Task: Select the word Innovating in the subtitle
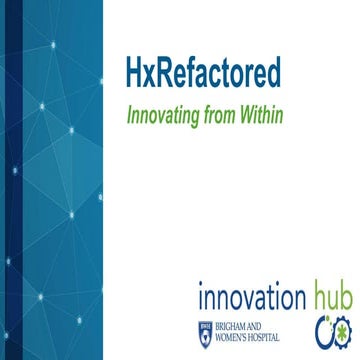[161, 115]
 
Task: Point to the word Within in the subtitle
[261, 115]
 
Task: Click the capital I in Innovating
[127, 115]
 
